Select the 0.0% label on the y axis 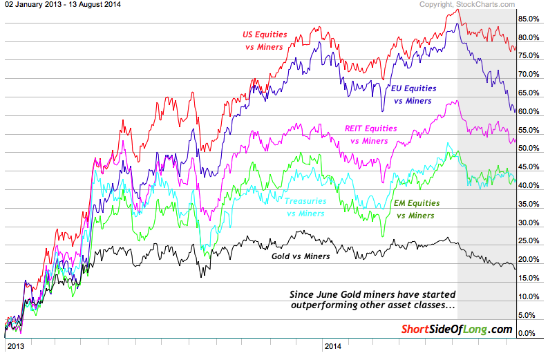(528, 334)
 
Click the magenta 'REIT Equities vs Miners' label (370, 134)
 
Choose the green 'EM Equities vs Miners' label (417, 209)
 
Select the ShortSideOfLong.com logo (457, 329)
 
